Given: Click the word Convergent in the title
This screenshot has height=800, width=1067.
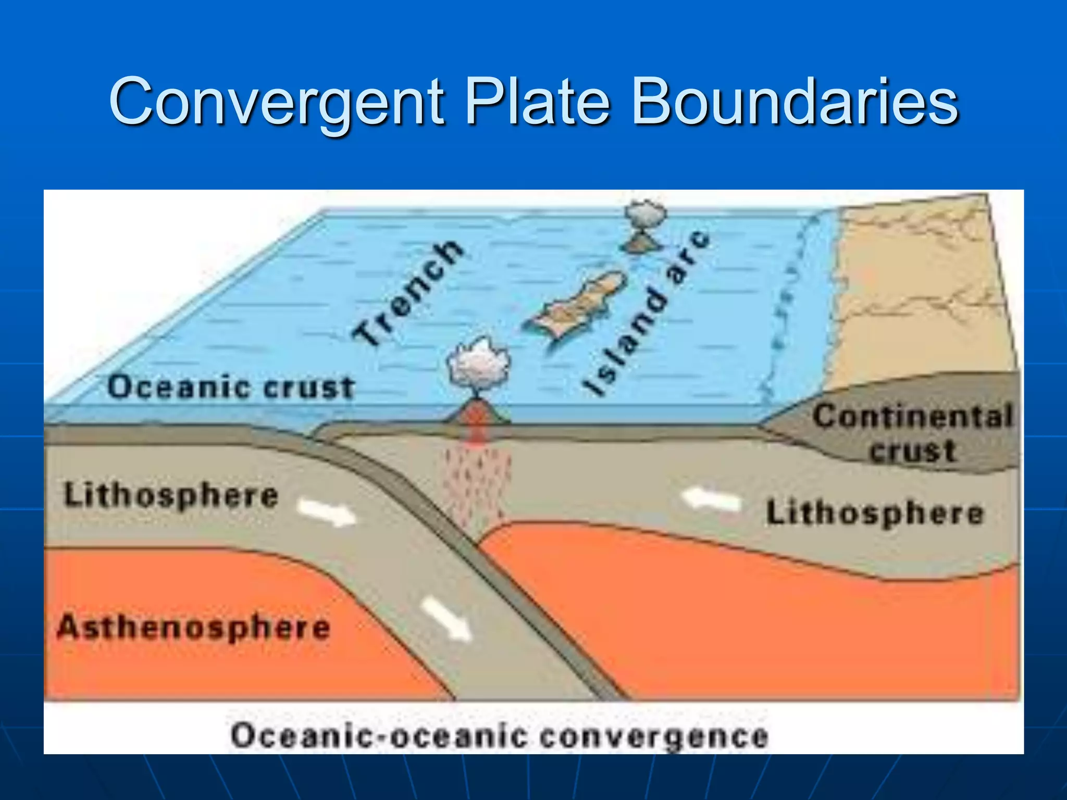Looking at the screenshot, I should click(276, 102).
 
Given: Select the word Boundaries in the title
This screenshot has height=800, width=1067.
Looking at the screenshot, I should click(794, 102).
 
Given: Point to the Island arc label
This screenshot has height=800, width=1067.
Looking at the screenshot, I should click(647, 312).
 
